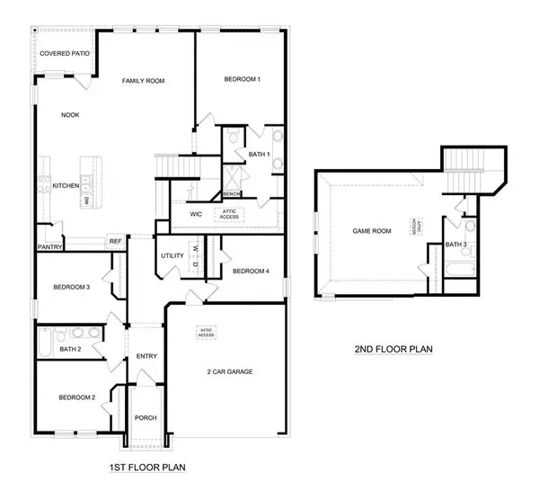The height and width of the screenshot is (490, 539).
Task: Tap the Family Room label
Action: click(x=144, y=82)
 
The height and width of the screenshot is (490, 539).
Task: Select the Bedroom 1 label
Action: click(x=242, y=80)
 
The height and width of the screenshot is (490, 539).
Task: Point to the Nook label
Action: click(x=70, y=115)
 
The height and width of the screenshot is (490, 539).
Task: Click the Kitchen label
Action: click(x=66, y=186)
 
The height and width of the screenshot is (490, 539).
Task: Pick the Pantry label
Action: click(x=49, y=246)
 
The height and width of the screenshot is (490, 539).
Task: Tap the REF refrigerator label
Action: click(x=115, y=241)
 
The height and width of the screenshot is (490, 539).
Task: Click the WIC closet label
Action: click(x=196, y=214)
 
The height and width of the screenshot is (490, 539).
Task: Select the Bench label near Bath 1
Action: click(x=230, y=193)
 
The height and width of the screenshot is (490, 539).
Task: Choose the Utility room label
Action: click(x=172, y=256)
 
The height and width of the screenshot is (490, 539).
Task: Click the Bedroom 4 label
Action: click(x=251, y=272)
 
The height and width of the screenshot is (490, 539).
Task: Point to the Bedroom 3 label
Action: click(x=71, y=288)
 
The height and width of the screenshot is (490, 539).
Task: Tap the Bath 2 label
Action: click(x=70, y=349)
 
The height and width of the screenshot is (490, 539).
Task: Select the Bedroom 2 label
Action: click(x=77, y=397)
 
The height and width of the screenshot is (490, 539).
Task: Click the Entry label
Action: click(x=146, y=357)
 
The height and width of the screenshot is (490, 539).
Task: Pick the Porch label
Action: click(x=145, y=418)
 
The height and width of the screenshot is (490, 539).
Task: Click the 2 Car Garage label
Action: click(x=229, y=371)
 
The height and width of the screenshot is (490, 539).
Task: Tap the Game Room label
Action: click(x=372, y=231)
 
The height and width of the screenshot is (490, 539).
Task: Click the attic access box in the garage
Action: click(x=207, y=333)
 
